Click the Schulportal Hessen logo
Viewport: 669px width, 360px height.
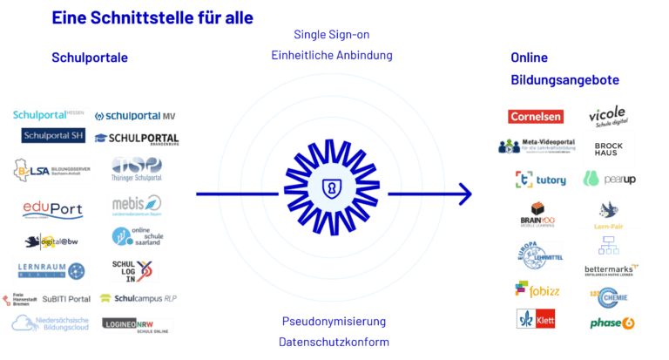[49, 115]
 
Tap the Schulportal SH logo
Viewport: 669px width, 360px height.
[53, 135]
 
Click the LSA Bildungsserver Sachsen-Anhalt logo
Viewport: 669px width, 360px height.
[45, 169]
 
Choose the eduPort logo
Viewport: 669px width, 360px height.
[53, 209]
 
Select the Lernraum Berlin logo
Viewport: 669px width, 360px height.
[50, 270]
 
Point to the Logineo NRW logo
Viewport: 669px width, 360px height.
[137, 325]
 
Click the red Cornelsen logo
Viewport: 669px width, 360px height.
[536, 117]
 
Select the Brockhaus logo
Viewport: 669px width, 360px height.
[609, 148]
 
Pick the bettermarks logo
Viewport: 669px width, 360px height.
[612, 270]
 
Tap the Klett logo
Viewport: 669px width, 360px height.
[536, 321]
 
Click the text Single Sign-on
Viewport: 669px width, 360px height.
[332, 35]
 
